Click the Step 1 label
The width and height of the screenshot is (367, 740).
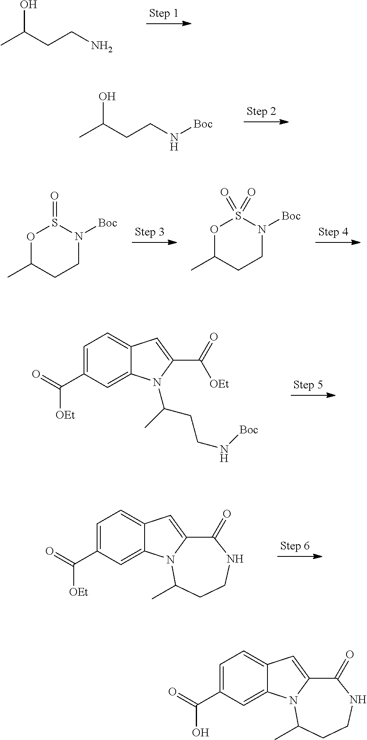(x=163, y=13)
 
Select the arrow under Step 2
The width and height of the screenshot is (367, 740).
(x=266, y=122)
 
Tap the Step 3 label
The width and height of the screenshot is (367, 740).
(x=150, y=232)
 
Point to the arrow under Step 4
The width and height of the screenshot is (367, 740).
(x=338, y=242)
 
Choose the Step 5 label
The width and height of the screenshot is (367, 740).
(x=308, y=385)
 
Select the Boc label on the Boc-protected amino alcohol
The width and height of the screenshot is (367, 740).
(x=203, y=124)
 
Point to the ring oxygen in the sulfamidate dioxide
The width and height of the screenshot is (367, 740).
(x=214, y=229)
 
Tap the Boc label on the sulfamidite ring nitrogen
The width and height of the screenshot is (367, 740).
(x=108, y=223)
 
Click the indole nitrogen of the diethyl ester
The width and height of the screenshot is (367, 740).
(x=156, y=383)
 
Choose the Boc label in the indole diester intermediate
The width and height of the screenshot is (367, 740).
(x=249, y=430)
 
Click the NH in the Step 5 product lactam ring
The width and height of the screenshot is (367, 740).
(x=235, y=559)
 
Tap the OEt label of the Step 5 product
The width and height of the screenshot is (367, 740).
(x=79, y=592)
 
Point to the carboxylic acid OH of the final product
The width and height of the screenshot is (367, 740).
(x=201, y=731)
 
